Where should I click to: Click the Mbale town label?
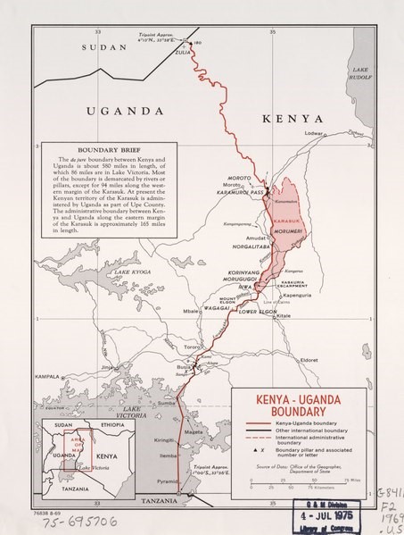point(191,312)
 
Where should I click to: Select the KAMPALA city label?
point(45,377)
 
